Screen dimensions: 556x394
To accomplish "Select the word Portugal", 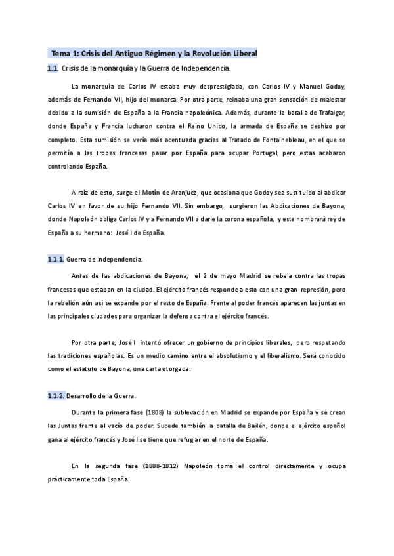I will click(266, 152).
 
